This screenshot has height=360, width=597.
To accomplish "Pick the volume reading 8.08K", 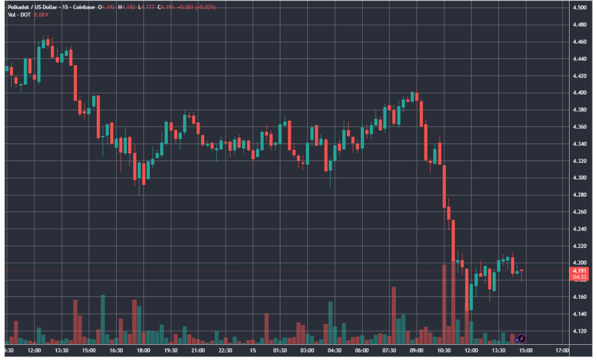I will [40, 14].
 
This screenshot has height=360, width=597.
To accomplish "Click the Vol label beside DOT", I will [12, 14].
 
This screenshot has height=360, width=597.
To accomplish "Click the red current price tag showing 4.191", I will [579, 271].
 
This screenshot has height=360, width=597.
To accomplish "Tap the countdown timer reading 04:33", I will [579, 278].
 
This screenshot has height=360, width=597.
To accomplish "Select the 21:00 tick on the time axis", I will [198, 351].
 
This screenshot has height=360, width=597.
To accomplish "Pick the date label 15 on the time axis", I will [253, 351].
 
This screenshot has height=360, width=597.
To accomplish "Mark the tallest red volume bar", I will [444, 303].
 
